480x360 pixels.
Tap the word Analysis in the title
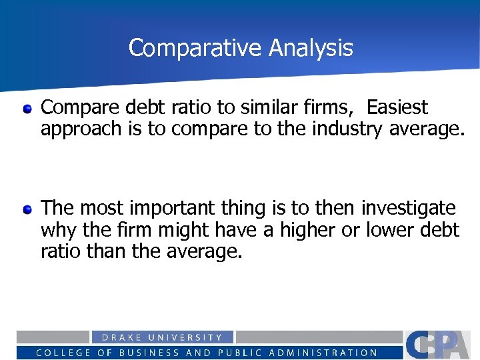click(311, 48)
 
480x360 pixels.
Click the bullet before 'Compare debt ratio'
click(27, 108)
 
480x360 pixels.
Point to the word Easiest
click(397, 107)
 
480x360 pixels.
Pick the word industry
click(347, 129)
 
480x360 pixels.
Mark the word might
click(192, 230)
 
